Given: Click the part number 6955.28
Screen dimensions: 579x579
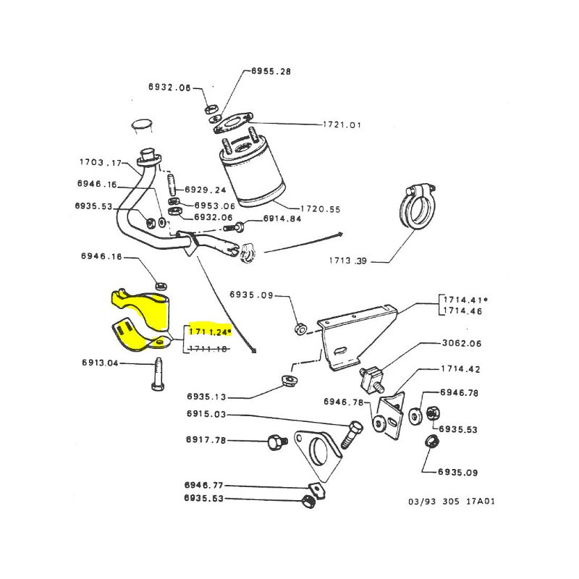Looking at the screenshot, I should (x=271, y=72).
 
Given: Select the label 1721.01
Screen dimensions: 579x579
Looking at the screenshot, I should (x=342, y=124).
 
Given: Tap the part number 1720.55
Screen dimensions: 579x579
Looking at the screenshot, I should (x=321, y=208).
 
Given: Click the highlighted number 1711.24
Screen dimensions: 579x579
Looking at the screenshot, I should (x=210, y=332).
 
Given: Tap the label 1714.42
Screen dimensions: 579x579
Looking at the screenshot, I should (x=461, y=369).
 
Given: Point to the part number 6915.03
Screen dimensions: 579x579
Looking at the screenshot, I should (x=206, y=414).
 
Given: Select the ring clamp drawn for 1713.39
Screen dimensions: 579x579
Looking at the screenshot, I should (x=418, y=211).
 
